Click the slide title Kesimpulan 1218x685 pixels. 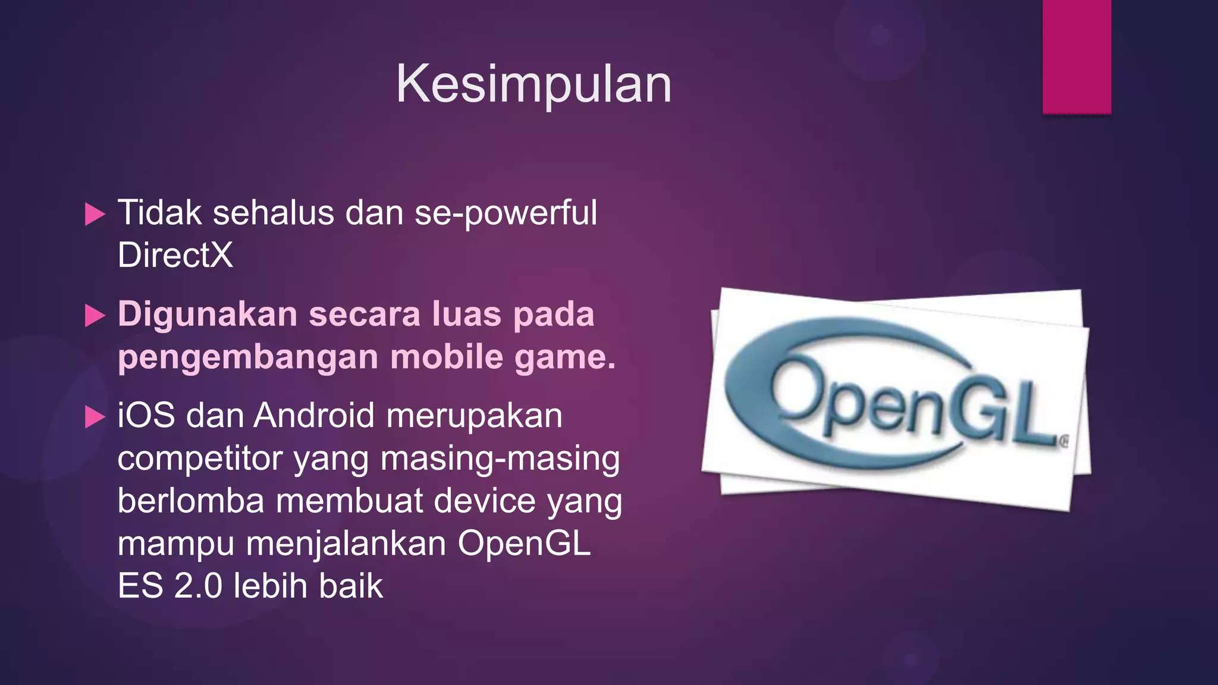point(533,84)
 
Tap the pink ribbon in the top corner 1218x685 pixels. point(1076,56)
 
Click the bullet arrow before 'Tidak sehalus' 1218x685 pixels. point(95,214)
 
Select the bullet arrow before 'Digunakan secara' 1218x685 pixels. point(95,315)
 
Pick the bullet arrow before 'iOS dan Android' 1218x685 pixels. point(95,416)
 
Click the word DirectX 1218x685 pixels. point(175,255)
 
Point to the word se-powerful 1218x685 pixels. point(506,213)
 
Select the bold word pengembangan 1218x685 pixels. point(248,357)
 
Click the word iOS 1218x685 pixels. point(146,415)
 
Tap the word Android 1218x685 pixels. point(314,415)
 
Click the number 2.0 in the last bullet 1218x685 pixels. point(198,586)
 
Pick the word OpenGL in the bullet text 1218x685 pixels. point(524,543)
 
